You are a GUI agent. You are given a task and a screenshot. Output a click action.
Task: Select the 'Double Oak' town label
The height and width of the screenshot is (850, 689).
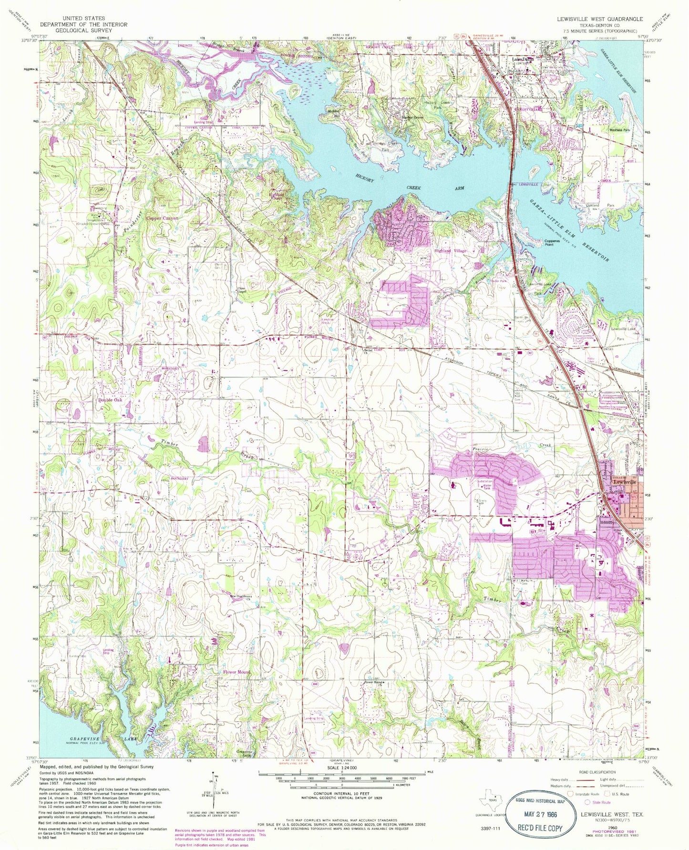111,400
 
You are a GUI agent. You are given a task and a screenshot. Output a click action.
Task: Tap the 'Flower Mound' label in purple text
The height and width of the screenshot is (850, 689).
237,672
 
